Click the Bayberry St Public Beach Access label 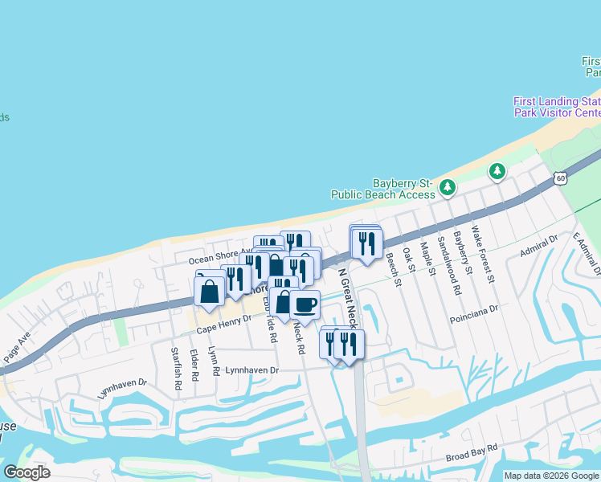383,189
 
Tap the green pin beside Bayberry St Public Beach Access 448,188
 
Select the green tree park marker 497,171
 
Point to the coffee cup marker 305,305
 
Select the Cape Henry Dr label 224,323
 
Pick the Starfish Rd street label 176,369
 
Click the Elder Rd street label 194,365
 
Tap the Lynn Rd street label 215,361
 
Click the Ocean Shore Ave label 220,259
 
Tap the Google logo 27,472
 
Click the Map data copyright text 551,476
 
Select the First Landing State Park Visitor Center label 558,107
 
